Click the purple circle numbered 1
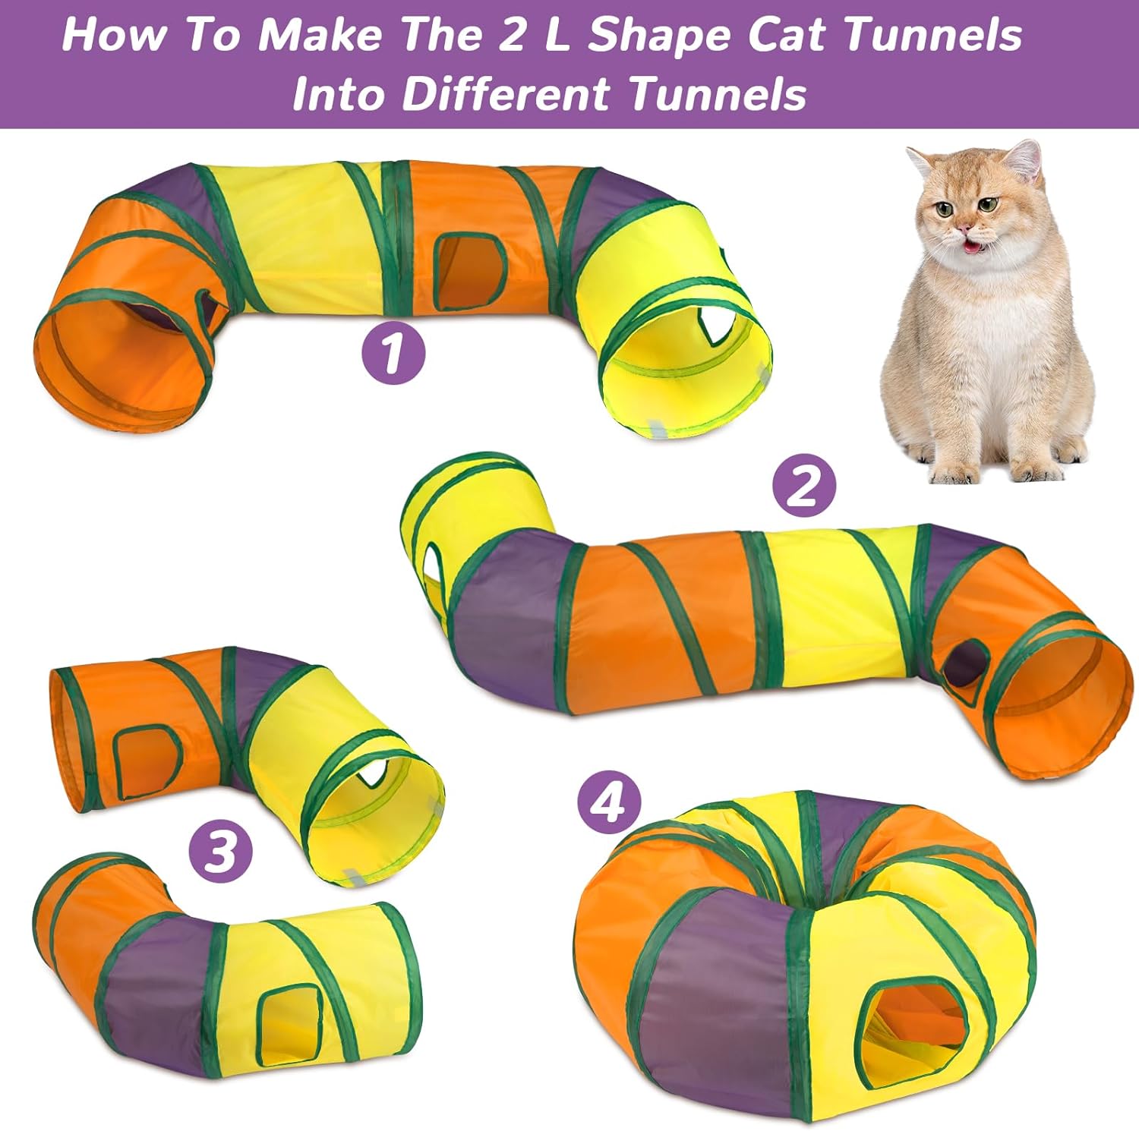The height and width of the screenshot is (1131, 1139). [x=393, y=352]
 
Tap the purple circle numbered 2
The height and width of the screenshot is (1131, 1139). [x=804, y=487]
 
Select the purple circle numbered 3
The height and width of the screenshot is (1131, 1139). [x=220, y=850]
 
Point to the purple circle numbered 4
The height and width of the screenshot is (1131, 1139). [x=608, y=802]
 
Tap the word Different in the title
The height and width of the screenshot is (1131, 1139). [x=506, y=94]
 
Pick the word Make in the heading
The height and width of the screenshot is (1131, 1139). [x=319, y=35]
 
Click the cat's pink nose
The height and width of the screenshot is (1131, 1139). [x=965, y=227]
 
